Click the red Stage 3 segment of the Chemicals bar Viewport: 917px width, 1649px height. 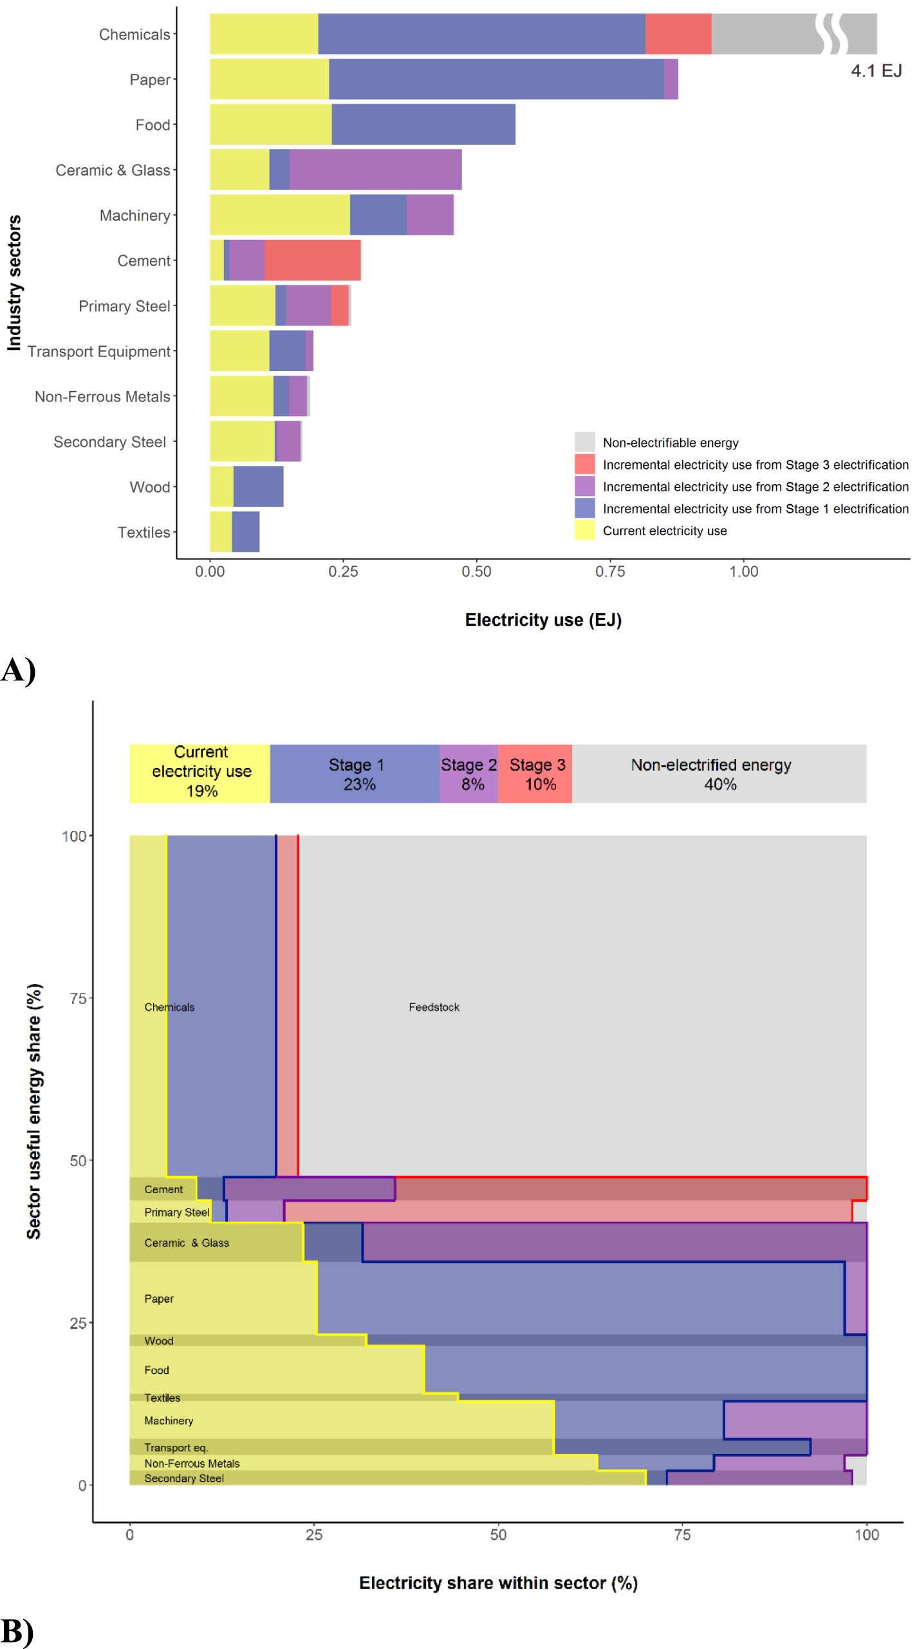click(678, 34)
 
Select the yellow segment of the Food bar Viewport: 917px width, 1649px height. click(270, 125)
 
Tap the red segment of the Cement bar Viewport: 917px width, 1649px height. click(312, 260)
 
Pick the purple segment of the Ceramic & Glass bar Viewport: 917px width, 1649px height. click(375, 170)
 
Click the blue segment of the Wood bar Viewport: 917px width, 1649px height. click(258, 487)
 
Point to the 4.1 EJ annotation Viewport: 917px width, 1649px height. click(876, 71)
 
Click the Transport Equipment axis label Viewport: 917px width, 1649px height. click(98, 352)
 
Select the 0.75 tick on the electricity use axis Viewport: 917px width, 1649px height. click(609, 572)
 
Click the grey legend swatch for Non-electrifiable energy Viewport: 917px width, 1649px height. click(584, 442)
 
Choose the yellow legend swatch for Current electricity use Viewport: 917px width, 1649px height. click(584, 531)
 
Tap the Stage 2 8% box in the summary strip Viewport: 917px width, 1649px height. click(468, 774)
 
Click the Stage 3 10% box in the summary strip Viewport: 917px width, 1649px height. click(535, 774)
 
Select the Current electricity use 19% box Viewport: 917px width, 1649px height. click(200, 774)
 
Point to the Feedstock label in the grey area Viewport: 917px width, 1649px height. click(434, 1007)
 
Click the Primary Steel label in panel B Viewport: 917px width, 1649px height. click(176, 1212)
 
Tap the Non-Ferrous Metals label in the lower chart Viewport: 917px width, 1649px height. click(192, 1463)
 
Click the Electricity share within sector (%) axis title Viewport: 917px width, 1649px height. click(498, 1583)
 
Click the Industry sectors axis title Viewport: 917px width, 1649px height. click(14, 283)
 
